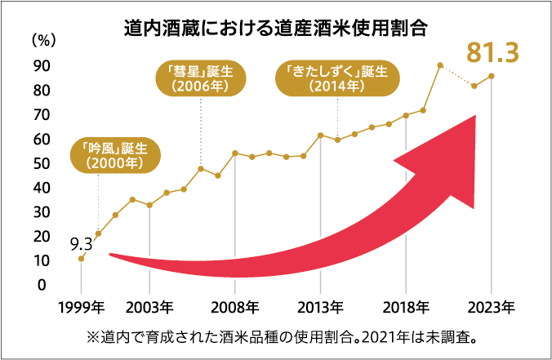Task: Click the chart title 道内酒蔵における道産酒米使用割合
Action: click(x=277, y=29)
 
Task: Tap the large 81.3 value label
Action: click(x=493, y=53)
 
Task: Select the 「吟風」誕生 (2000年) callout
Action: click(x=114, y=155)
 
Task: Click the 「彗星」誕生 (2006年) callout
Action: click(x=200, y=77)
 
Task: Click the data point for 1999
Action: click(x=81, y=259)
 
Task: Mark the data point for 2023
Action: click(x=491, y=76)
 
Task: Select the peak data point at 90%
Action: click(x=440, y=65)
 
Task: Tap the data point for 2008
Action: click(x=234, y=153)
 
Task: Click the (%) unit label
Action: click(x=42, y=39)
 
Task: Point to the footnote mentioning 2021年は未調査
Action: click(x=275, y=336)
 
